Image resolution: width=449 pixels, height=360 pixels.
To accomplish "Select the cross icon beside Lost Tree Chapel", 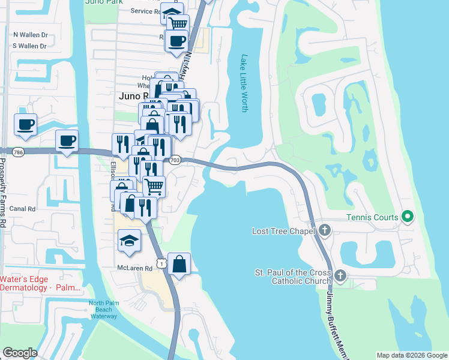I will (x=325, y=230).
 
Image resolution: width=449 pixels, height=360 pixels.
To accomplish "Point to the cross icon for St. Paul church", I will (x=340, y=276).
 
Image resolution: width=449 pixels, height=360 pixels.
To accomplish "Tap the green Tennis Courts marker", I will (x=408, y=216).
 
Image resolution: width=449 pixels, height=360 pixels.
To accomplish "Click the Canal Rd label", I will (x=23, y=209).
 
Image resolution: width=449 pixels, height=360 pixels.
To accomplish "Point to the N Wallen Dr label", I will (x=30, y=35).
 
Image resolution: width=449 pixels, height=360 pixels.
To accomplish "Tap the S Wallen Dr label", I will (x=30, y=46).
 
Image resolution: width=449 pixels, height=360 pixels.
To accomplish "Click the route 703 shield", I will (x=175, y=160).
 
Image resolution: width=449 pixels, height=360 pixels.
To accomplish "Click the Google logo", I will (x=20, y=352).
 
